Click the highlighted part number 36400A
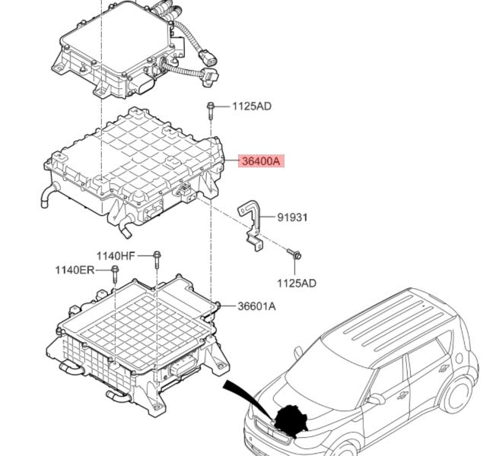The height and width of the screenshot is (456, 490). [x=261, y=161]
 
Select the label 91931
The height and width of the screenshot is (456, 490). [x=292, y=217]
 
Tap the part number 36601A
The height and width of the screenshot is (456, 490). [x=257, y=306]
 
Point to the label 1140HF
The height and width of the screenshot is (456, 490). [x=116, y=256]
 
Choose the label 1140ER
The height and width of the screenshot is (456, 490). [x=75, y=270]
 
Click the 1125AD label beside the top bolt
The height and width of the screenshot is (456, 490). [x=252, y=106]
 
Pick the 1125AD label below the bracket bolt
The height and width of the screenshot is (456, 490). [x=297, y=283]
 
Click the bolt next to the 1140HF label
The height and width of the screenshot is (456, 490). [x=157, y=260]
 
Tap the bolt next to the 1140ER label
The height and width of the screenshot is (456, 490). [x=115, y=274]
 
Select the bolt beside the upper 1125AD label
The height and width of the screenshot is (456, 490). [x=211, y=110]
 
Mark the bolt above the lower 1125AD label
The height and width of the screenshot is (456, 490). [x=294, y=253]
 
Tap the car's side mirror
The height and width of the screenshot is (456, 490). [x=376, y=398]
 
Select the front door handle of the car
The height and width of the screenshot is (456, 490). [x=403, y=395]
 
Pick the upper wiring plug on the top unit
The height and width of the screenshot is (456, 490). [x=208, y=58]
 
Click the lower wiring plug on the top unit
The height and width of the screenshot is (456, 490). [x=211, y=77]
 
